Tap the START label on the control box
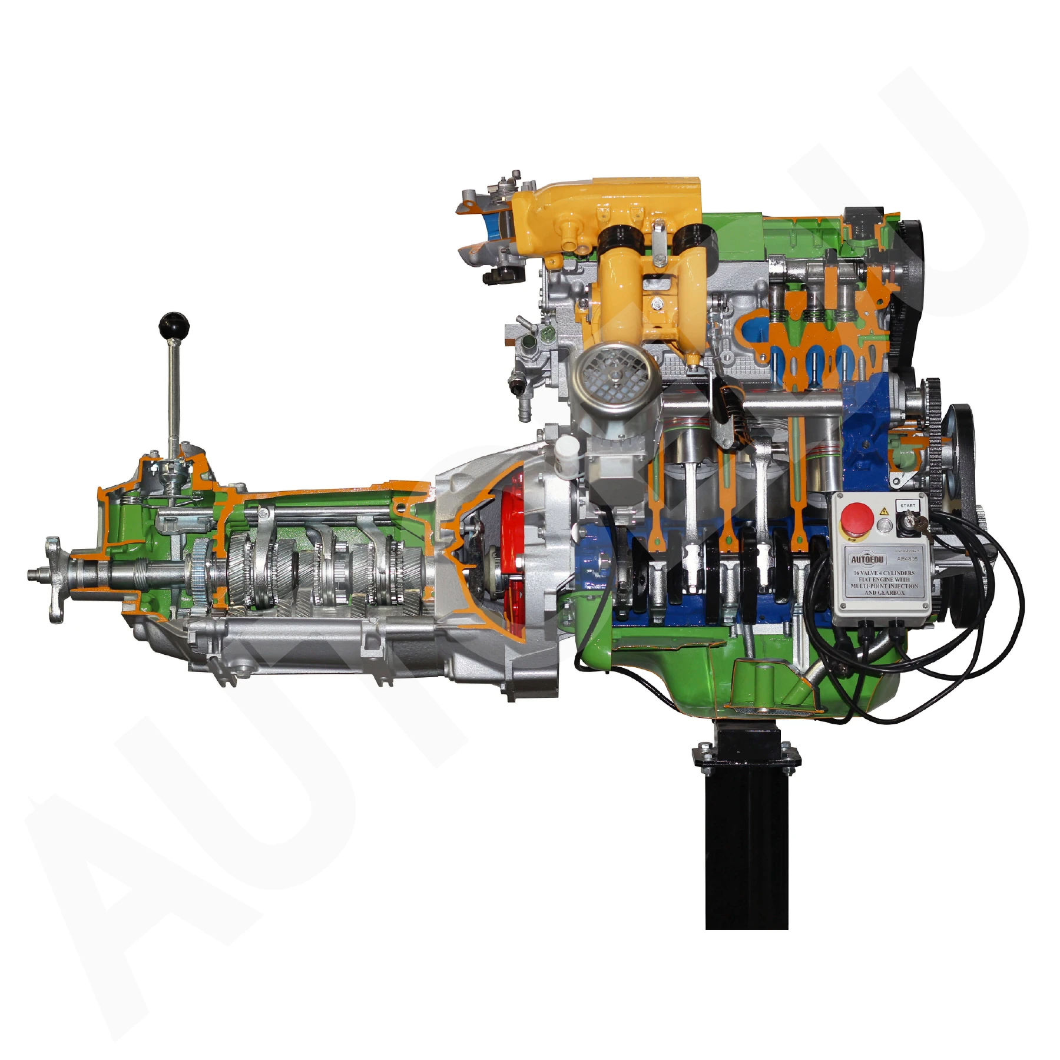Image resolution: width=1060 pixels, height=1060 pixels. [x=907, y=505]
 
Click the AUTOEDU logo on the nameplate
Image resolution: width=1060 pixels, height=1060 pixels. [x=867, y=559]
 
